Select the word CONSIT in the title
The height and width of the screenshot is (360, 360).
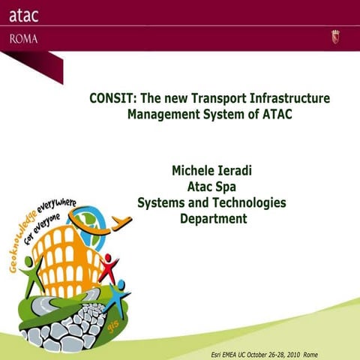point(112,99)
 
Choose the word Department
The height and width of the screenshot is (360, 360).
point(213,219)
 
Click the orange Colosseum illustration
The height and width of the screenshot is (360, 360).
point(64,255)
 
